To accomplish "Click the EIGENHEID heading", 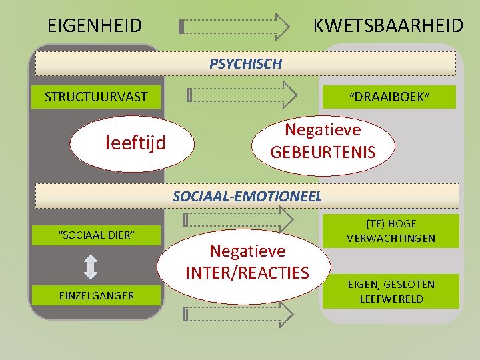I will pos(95,26).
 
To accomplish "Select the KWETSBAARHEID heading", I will pos(388,26).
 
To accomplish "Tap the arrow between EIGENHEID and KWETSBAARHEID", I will pos(235,27).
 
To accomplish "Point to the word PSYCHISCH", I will pos(245,64).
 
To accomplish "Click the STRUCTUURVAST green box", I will pos(96,97).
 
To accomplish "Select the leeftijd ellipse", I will pos(135,141).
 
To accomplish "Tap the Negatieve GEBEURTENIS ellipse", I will pos(323,141).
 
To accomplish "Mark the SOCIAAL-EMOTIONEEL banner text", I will pos(247,196).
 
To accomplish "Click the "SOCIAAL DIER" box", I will pos(97,235).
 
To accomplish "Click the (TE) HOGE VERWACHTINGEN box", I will pos(391,231).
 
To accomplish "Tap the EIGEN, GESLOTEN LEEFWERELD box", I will pos(391,291).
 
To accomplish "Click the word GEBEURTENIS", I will pos(323,152).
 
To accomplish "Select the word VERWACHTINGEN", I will pos(391,238).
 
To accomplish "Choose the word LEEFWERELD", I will pos(391,299).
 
